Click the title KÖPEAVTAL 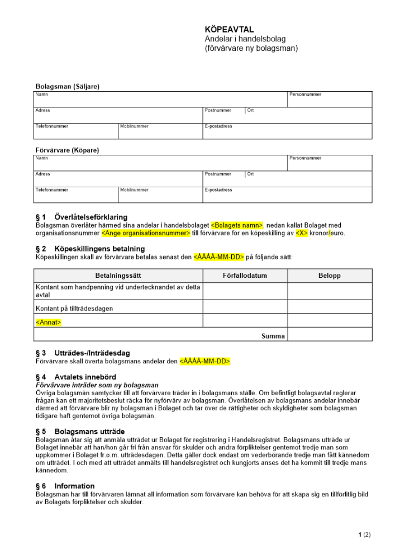(226, 30)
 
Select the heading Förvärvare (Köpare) (68, 150)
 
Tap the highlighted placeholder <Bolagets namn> (237, 225)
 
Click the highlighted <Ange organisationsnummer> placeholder (146, 233)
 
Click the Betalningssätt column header (118, 276)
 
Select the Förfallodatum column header (245, 276)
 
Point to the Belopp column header (330, 276)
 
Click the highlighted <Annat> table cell (49, 323)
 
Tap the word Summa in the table (273, 336)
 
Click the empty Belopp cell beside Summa (330, 336)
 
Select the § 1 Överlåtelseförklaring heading (82, 217)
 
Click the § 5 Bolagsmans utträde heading (80, 432)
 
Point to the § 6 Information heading (65, 486)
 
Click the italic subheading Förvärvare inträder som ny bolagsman (97, 385)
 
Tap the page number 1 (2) (364, 535)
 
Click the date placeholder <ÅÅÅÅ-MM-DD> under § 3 (204, 361)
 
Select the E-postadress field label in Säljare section (218, 126)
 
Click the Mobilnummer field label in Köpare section (134, 190)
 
